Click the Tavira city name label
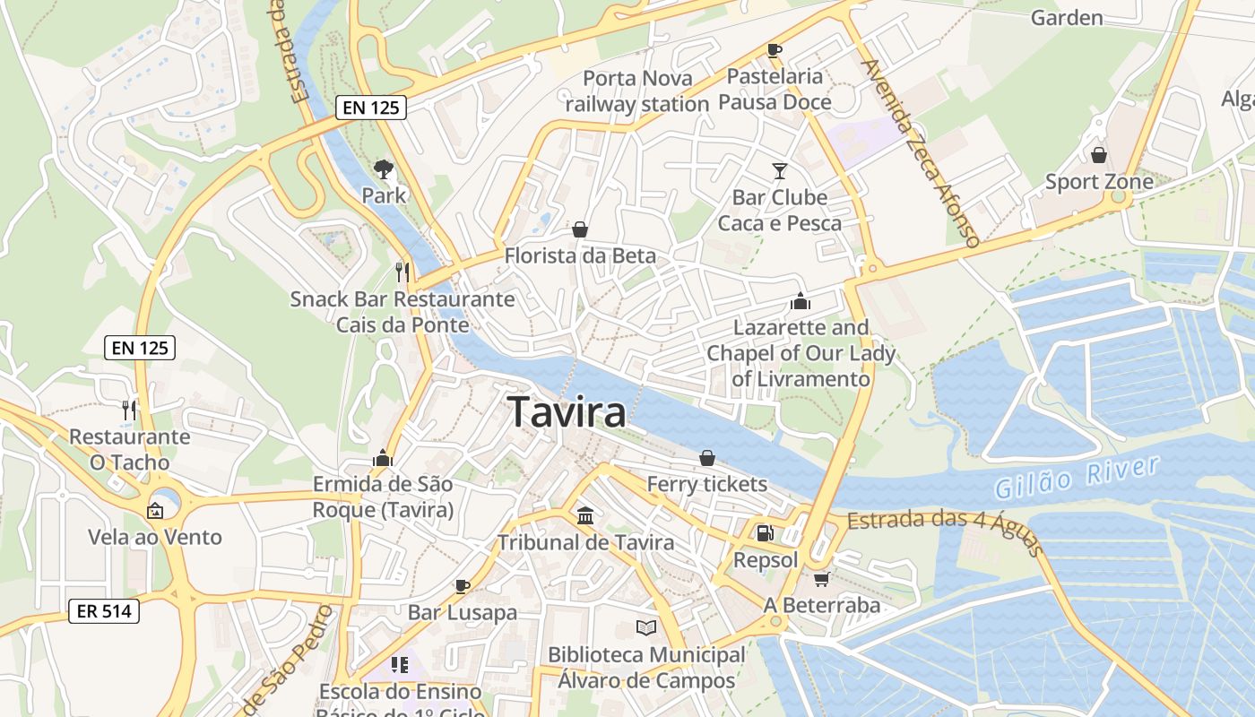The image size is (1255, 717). pyautogui.click(x=567, y=412)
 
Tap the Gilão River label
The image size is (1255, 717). pyautogui.click(x=1077, y=477)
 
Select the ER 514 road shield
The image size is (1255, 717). pyautogui.click(x=104, y=611)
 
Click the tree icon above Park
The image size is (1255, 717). pyautogui.click(x=384, y=168)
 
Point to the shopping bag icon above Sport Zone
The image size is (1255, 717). pyautogui.click(x=1099, y=155)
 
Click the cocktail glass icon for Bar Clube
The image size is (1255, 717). pyautogui.click(x=780, y=170)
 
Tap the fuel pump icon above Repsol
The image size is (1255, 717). pyautogui.click(x=765, y=533)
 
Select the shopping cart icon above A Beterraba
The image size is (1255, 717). pyautogui.click(x=821, y=579)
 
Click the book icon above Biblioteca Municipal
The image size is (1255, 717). pyautogui.click(x=646, y=627)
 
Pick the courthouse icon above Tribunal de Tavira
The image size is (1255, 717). pyautogui.click(x=586, y=515)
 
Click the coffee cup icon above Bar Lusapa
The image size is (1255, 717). pyautogui.click(x=463, y=586)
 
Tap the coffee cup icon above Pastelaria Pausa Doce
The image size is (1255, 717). pyautogui.click(x=775, y=50)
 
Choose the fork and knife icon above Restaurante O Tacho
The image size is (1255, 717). pyautogui.click(x=130, y=410)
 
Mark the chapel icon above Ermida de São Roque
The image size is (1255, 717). pyautogui.click(x=383, y=458)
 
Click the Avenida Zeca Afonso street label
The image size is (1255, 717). pyautogui.click(x=919, y=152)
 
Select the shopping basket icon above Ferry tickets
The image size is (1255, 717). pyautogui.click(x=707, y=458)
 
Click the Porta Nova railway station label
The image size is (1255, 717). pyautogui.click(x=637, y=91)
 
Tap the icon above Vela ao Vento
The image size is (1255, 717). pyautogui.click(x=155, y=511)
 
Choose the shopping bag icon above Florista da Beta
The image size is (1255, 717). pyautogui.click(x=580, y=229)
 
